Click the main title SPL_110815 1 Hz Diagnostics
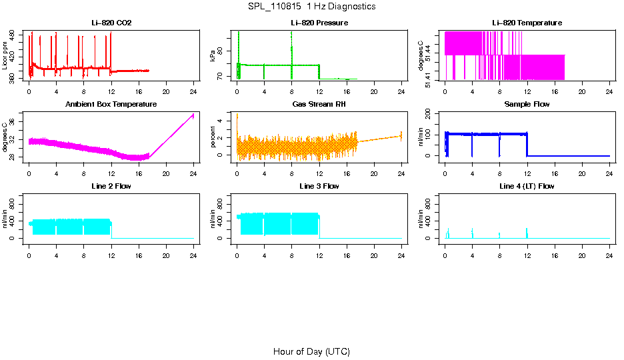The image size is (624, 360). pyautogui.click(x=311, y=7)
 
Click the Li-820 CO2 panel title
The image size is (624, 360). pyautogui.click(x=111, y=23)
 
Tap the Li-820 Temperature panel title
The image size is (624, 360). pyautogui.click(x=527, y=23)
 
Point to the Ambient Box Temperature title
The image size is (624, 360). pyautogui.click(x=111, y=105)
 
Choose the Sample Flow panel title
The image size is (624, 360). pyautogui.click(x=527, y=105)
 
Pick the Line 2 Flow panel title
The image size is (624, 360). pyautogui.click(x=111, y=186)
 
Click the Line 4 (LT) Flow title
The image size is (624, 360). pyautogui.click(x=527, y=186)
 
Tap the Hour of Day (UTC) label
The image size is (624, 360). pyautogui.click(x=311, y=351)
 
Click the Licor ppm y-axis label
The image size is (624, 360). pyautogui.click(x=5, y=56)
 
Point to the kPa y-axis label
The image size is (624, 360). pyautogui.click(x=213, y=56)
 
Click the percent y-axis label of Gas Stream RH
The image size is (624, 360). pyautogui.click(x=213, y=137)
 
